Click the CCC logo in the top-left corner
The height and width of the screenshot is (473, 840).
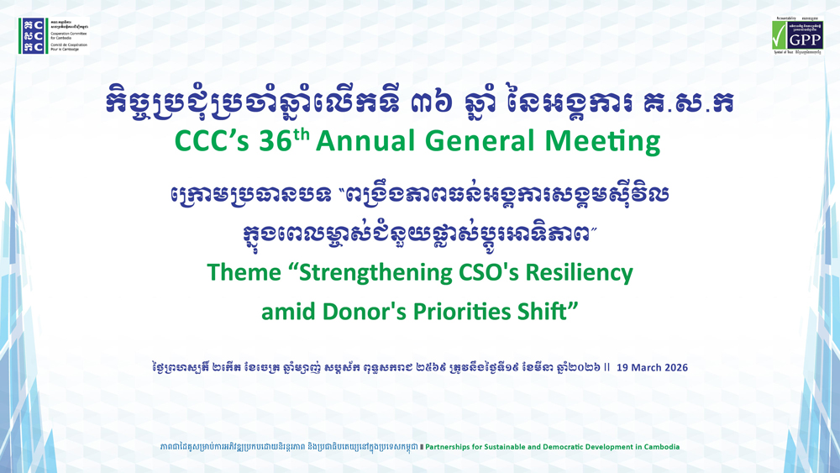pos(34,34)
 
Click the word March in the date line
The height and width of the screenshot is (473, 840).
pos(641,367)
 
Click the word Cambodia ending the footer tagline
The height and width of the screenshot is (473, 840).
pos(658,447)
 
